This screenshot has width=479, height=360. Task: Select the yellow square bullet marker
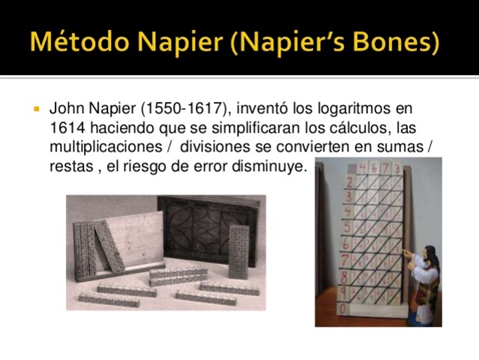[35, 109]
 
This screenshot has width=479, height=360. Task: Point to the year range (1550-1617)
[183, 109]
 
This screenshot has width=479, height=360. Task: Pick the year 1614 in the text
[64, 129]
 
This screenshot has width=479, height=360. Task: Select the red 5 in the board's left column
[346, 226]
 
